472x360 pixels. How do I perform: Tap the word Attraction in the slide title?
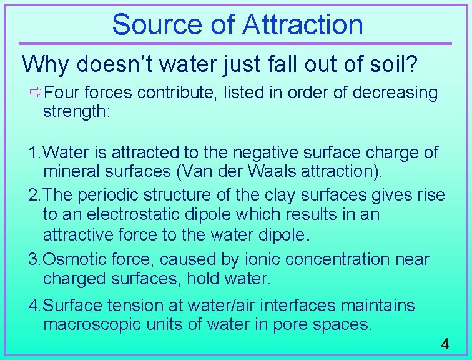coord(302,25)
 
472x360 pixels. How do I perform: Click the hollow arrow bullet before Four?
coord(37,93)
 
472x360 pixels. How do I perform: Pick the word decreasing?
coord(395,93)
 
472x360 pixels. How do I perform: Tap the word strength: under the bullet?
coord(72,112)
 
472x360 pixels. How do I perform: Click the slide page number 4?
coord(445,344)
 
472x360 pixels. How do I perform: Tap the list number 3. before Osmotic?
coord(34,259)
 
